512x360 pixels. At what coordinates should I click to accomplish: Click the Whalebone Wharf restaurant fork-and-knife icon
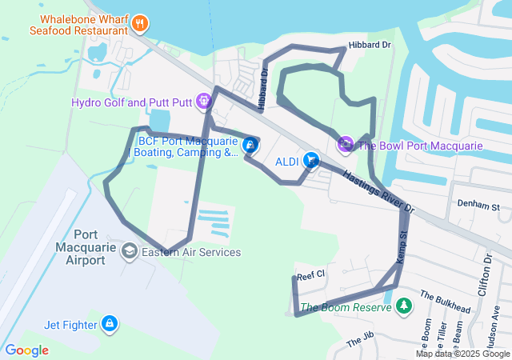pos(140,22)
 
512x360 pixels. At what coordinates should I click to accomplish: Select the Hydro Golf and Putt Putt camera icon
pos(204,102)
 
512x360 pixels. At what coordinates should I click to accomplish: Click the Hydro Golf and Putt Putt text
pos(132,102)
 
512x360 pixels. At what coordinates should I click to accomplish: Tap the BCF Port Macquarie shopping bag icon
pos(250,145)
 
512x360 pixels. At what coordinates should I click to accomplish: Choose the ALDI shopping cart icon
pos(310,161)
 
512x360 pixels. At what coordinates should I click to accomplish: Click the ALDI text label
pos(286,162)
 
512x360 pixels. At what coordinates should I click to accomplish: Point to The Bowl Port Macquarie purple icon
pos(345,145)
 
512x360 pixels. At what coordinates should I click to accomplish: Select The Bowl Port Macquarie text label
pos(419,146)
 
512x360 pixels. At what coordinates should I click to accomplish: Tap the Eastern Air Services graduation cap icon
pos(129,252)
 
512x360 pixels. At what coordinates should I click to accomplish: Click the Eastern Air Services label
pos(190,252)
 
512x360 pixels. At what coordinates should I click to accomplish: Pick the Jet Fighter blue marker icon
pos(110,324)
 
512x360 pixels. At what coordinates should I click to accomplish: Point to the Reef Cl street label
pos(310,275)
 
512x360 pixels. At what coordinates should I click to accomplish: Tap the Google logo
pos(26,350)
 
